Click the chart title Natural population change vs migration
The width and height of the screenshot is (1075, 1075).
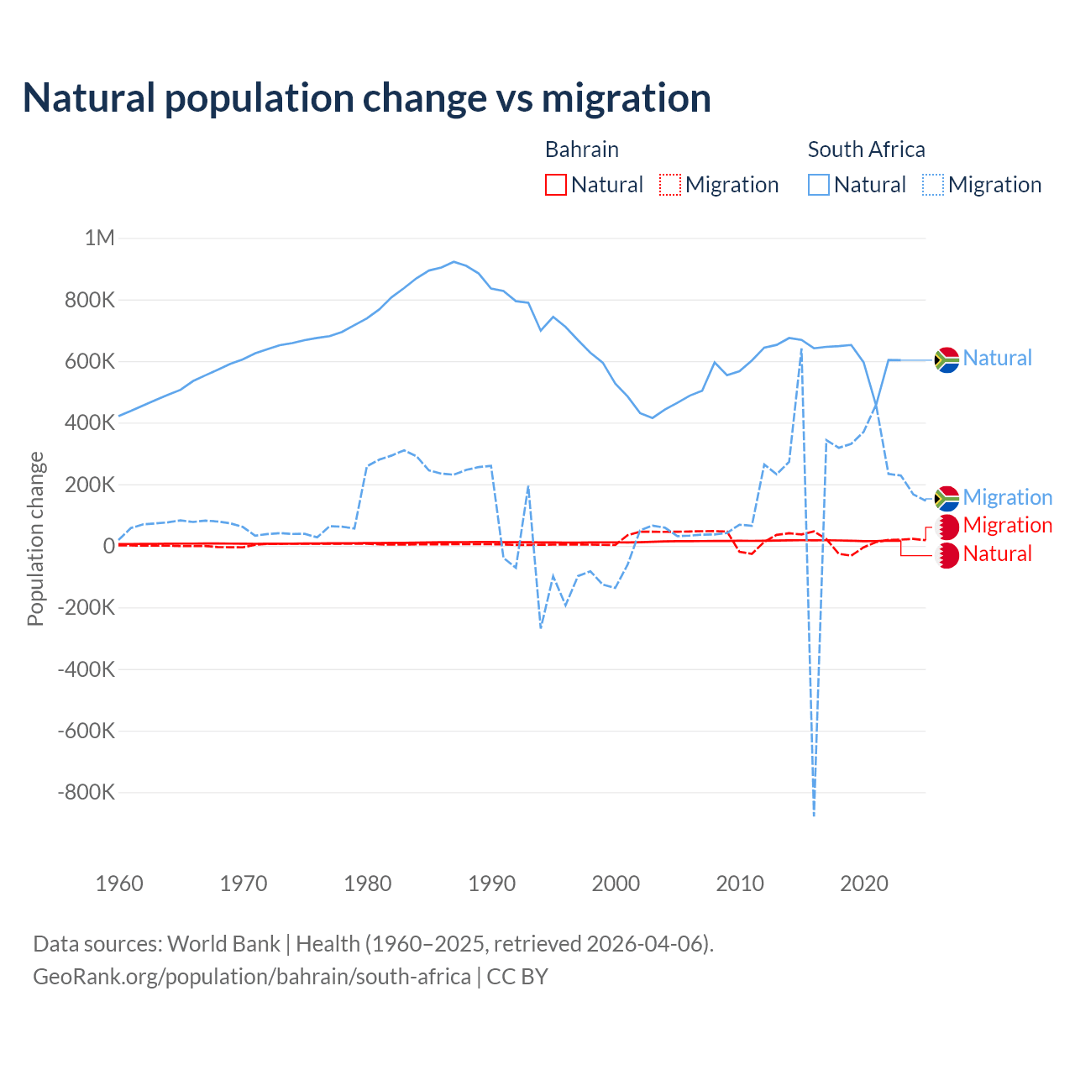coord(367,98)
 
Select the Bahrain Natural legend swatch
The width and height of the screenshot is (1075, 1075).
coord(555,185)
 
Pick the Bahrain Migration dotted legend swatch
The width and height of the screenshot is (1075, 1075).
coord(670,185)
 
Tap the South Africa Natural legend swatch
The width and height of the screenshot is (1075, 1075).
coord(819,185)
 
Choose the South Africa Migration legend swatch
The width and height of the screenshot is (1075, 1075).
coord(933,185)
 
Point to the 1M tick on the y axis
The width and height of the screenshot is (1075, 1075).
coord(100,239)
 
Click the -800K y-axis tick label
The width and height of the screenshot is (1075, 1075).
coord(87,793)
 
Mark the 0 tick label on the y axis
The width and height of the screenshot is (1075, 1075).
coord(109,546)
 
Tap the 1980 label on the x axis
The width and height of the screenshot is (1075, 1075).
coord(368,884)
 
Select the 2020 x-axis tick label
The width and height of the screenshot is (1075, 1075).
coord(864,884)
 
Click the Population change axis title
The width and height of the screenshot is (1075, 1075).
coord(35,538)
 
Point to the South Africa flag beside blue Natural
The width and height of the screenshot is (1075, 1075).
coord(947,359)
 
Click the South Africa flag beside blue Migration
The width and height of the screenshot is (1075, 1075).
coord(947,498)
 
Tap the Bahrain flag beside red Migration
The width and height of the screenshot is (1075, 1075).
coord(947,527)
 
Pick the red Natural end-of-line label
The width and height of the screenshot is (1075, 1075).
coord(998,554)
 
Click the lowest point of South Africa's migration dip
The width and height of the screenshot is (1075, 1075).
coord(814,815)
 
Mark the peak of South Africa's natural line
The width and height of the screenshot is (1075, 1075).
coord(454,262)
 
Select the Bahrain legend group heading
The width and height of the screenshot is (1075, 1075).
coord(582,149)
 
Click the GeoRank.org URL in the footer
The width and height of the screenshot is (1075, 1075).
coord(252,977)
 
